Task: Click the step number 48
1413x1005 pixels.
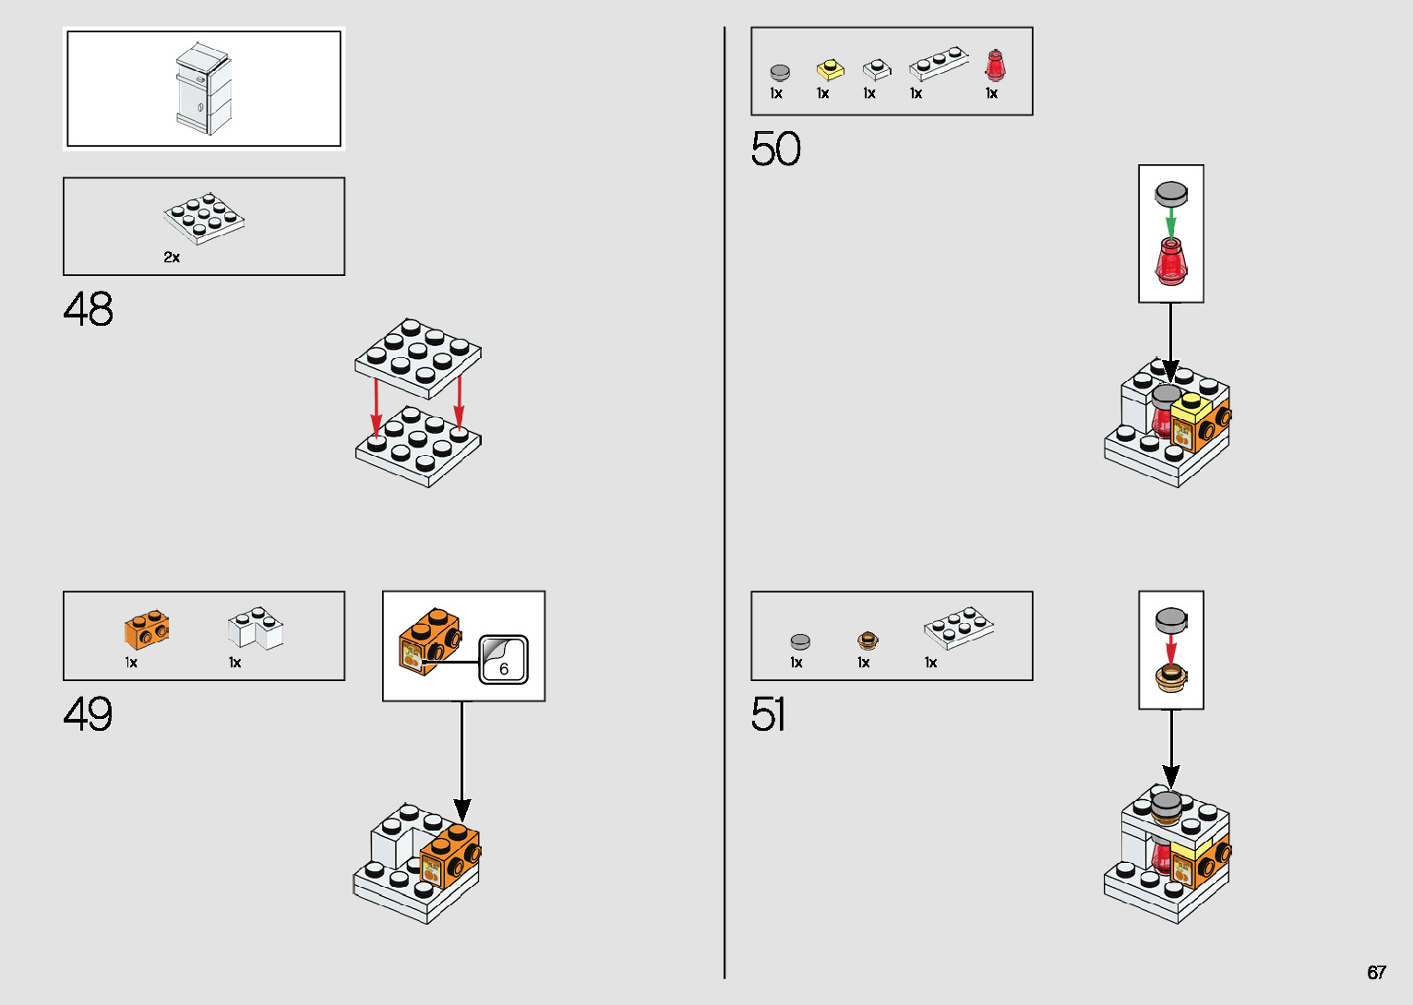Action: click(x=89, y=309)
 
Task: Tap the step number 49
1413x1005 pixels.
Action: click(x=89, y=714)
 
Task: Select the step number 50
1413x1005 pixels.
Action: click(x=775, y=149)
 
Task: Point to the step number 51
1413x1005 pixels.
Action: click(x=769, y=714)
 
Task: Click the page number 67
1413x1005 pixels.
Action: click(x=1376, y=973)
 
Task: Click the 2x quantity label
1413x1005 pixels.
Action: click(x=172, y=257)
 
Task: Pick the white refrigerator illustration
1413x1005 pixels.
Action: click(x=203, y=89)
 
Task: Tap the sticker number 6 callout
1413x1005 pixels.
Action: click(x=504, y=661)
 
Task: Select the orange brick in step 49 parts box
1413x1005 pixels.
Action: click(x=147, y=629)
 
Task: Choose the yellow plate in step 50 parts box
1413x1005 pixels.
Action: click(x=830, y=70)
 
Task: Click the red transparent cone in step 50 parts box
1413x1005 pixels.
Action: click(x=995, y=66)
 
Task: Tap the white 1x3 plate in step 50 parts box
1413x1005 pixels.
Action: click(x=938, y=64)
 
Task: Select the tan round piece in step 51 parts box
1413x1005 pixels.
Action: click(x=867, y=640)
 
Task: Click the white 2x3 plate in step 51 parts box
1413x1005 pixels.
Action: click(x=959, y=628)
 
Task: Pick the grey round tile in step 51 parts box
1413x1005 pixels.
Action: click(x=800, y=641)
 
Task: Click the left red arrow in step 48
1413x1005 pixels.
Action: click(x=377, y=406)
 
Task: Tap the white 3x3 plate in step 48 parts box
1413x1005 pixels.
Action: click(x=205, y=219)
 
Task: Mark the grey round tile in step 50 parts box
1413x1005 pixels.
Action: click(x=780, y=72)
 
